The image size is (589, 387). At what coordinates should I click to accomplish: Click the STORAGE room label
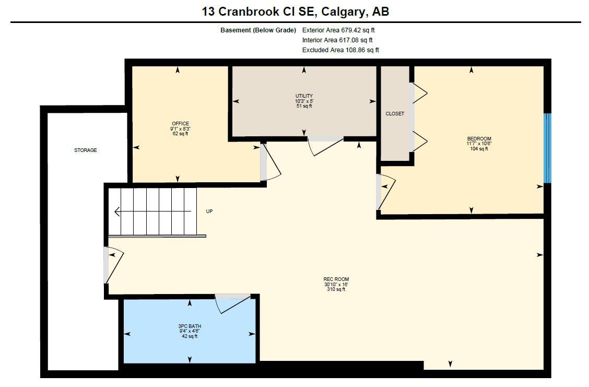[85, 150]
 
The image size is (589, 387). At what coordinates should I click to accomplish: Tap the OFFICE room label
[180, 124]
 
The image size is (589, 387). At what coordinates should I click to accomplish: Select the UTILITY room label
[304, 96]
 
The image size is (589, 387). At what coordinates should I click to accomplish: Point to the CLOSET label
[395, 114]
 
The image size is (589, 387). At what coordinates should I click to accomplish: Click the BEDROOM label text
[479, 139]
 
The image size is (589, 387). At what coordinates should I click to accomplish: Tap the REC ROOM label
[336, 279]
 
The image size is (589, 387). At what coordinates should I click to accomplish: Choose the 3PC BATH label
[189, 326]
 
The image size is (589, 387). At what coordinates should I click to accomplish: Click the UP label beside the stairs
[209, 212]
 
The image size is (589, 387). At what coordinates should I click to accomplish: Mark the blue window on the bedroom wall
[547, 148]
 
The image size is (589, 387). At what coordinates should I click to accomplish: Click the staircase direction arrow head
[117, 212]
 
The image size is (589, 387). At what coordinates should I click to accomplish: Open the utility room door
[325, 145]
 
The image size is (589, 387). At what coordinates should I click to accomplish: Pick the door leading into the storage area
[113, 265]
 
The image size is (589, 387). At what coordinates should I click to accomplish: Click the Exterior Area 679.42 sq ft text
[338, 30]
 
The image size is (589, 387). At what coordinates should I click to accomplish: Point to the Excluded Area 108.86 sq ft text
[340, 50]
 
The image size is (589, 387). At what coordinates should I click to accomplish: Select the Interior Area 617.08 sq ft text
[337, 40]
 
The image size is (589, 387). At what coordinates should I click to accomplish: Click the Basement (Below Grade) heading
[258, 30]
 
